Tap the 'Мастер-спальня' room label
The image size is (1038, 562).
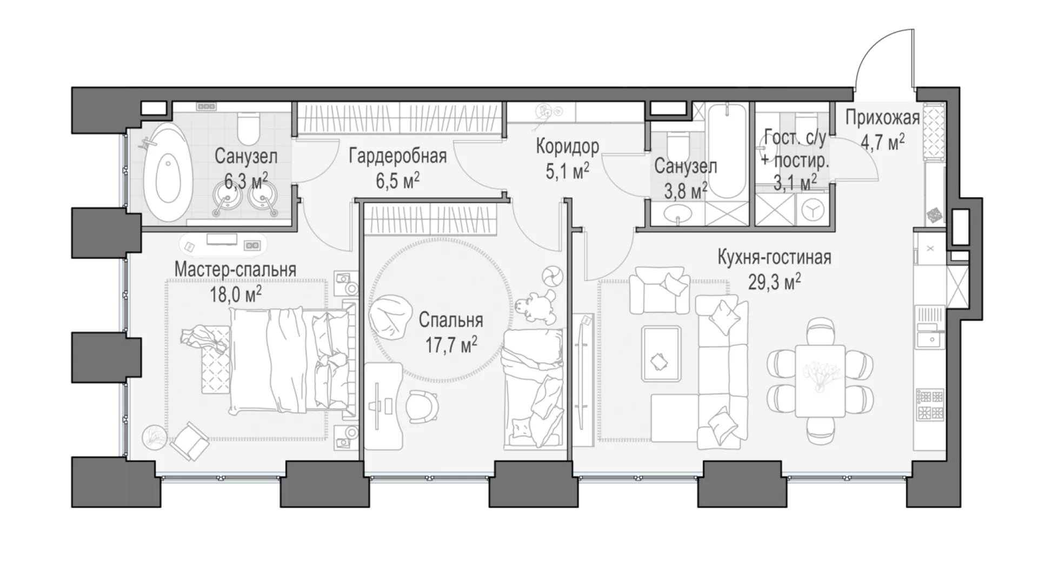(x=236, y=269)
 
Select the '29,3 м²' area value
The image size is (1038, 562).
(x=774, y=281)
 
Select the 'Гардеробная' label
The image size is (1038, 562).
(x=398, y=157)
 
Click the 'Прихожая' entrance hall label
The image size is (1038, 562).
(x=882, y=118)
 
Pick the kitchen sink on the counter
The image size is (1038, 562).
(x=929, y=339)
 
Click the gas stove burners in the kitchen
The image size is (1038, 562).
(x=930, y=405)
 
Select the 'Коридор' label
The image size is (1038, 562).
(x=567, y=146)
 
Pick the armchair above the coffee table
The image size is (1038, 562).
(x=660, y=289)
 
